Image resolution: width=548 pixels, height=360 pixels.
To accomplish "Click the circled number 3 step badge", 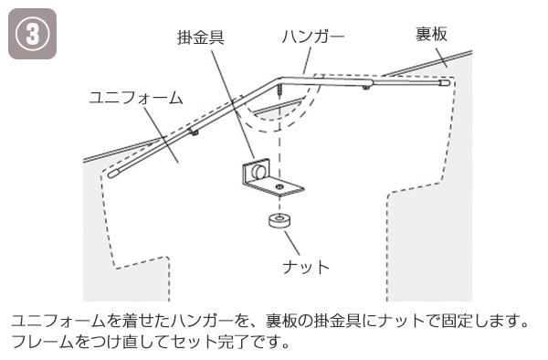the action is tap(32, 34).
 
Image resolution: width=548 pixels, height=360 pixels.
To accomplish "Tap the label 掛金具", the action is tap(201, 37).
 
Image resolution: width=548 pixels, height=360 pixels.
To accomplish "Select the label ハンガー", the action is tap(313, 37).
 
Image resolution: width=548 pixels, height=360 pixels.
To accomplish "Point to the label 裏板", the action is tap(431, 34).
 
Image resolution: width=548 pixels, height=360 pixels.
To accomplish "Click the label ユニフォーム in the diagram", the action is tap(136, 98).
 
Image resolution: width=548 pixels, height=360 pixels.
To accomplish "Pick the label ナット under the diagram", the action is tap(306, 267).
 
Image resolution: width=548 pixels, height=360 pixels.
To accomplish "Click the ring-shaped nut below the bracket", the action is tap(280, 220).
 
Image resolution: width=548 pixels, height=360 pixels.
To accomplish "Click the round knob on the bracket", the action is tap(259, 171).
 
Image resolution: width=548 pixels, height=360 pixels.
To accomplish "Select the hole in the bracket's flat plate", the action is tap(279, 186).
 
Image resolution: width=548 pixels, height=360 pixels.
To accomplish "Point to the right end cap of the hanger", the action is tap(444, 83).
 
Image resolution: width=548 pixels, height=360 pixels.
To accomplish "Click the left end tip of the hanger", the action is tap(111, 174).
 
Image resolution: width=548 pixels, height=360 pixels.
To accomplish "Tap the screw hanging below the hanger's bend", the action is tap(279, 90).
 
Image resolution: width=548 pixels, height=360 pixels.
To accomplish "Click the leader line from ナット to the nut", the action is tap(292, 242).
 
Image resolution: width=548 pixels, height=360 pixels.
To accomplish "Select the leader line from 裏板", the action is tap(441, 58).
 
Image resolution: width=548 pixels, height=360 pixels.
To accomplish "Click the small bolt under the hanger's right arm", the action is tap(365, 87).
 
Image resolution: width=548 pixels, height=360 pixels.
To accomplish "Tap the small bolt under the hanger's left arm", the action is tap(194, 132).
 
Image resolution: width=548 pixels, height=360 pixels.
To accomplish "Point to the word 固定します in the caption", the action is tap(481, 321).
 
